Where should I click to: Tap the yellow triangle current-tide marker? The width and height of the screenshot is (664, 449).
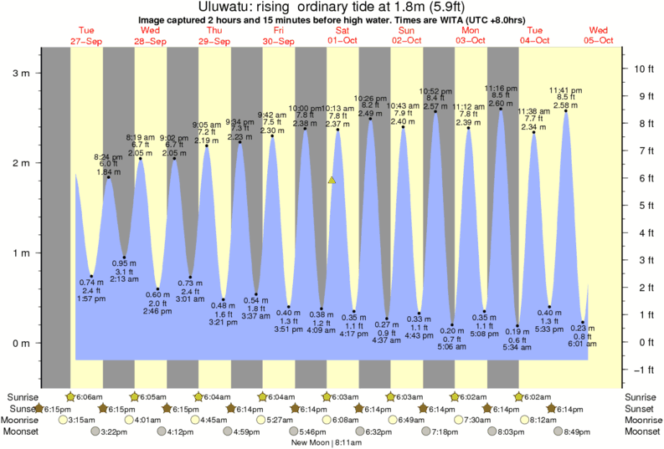point(332,180)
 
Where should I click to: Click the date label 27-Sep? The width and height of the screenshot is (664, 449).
point(86,41)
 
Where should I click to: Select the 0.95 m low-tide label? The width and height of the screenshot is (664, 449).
point(124,263)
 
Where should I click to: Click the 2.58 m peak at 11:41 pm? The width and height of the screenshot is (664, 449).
point(565,105)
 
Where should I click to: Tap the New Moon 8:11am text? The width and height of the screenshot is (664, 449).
point(332,442)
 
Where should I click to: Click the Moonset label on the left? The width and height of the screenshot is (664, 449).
point(20,431)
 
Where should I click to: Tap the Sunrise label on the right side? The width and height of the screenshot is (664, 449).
point(643,396)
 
